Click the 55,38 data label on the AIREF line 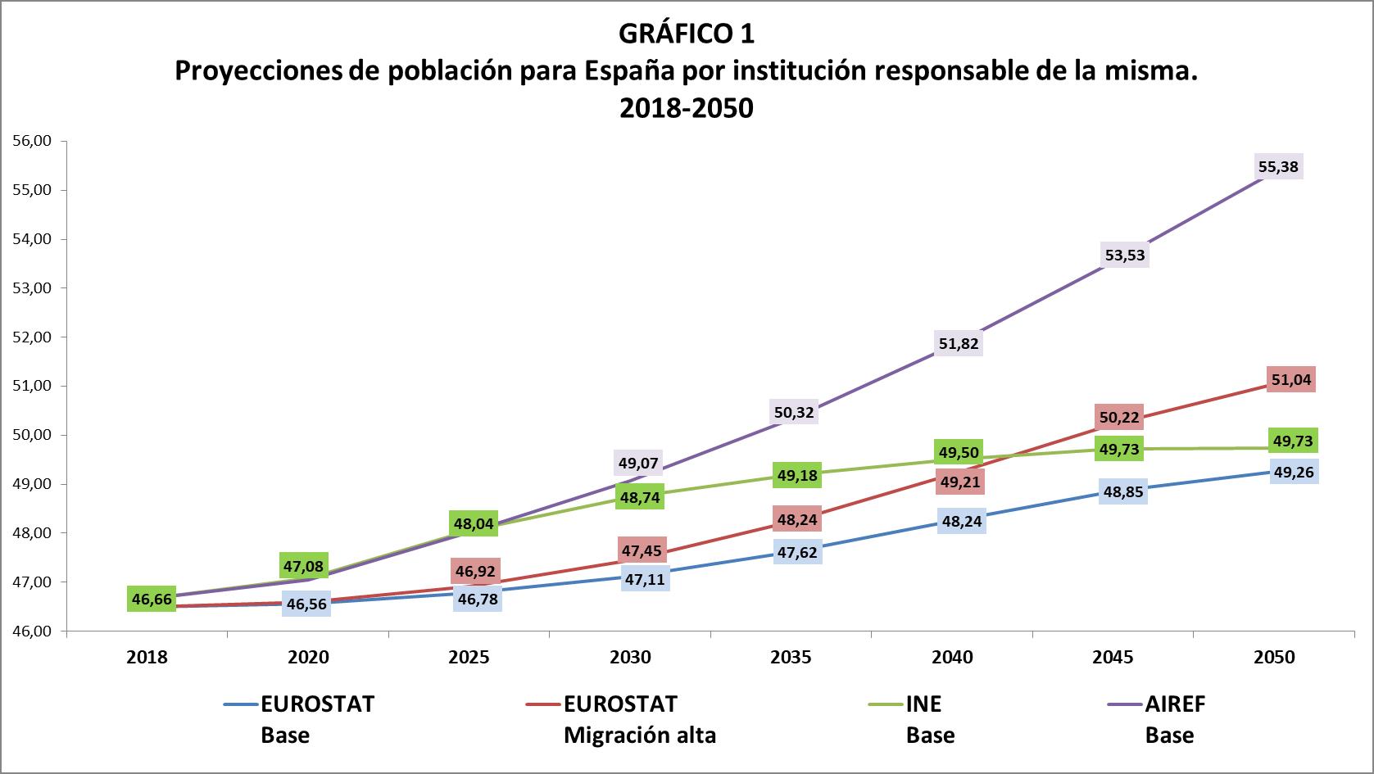click(x=1277, y=167)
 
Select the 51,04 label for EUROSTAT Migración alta click(x=1290, y=379)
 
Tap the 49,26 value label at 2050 click(x=1294, y=472)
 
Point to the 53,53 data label click(x=1125, y=255)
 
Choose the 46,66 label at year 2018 click(x=152, y=600)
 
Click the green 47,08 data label click(x=303, y=565)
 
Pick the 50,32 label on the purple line click(x=794, y=412)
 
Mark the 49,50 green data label click(x=958, y=452)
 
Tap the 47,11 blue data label click(x=645, y=580)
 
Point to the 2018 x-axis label click(x=147, y=657)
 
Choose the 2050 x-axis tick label click(x=1274, y=657)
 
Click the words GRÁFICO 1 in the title click(x=686, y=34)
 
